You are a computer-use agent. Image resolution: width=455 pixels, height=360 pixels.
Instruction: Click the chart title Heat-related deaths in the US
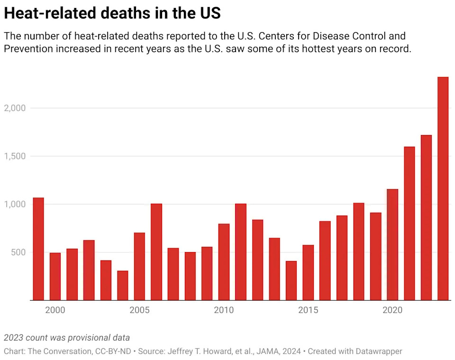(x=112, y=13)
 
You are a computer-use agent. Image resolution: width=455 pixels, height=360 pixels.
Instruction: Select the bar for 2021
(x=409, y=223)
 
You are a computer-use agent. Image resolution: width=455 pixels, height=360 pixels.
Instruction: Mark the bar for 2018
(x=358, y=252)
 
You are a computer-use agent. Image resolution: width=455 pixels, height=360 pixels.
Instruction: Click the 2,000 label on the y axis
(x=14, y=108)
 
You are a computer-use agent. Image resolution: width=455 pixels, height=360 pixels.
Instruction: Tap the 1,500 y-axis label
(x=14, y=156)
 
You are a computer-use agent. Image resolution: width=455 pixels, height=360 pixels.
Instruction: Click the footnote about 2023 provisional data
(x=67, y=338)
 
